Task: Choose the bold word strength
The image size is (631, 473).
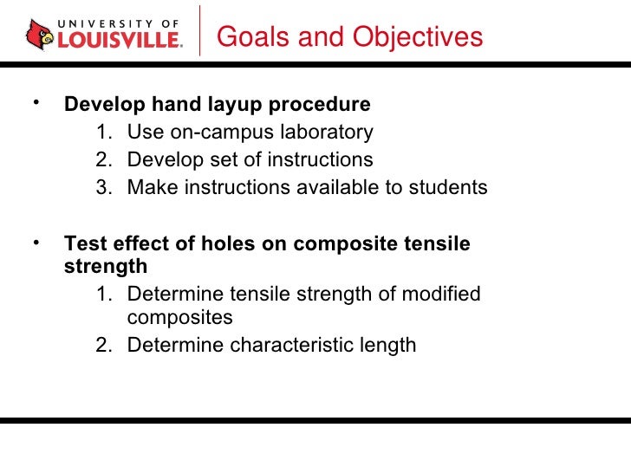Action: [106, 266]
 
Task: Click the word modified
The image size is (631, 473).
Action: [440, 295]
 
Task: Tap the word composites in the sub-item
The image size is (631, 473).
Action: [179, 318]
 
